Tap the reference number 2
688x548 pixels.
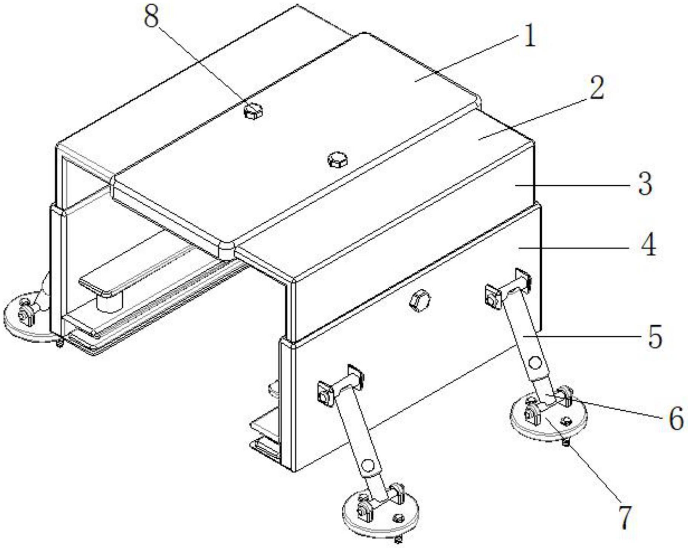coord(597,88)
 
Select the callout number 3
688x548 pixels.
coord(645,184)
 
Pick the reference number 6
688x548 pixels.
coord(676,419)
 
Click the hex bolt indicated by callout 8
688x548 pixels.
coord(252,111)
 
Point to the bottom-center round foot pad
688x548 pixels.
coord(380,513)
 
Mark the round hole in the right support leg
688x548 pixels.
coord(535,363)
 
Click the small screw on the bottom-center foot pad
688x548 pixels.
coord(399,517)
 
